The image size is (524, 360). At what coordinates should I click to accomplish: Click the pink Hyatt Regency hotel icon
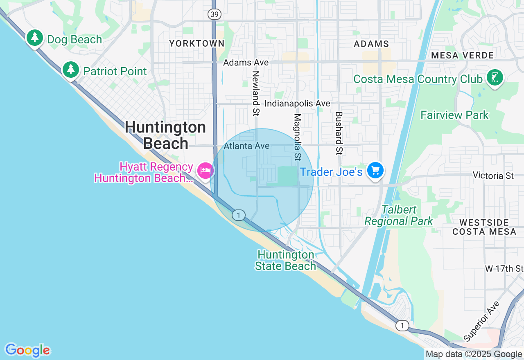(205, 170)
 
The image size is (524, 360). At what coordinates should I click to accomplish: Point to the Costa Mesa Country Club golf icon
(495, 77)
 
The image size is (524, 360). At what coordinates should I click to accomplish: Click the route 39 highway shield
(214, 14)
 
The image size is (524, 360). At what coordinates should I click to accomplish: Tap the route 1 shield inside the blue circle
(238, 215)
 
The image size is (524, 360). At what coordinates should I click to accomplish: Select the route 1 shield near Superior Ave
(402, 326)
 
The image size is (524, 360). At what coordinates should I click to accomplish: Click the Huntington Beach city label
(165, 135)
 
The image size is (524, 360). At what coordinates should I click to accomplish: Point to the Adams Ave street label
(246, 63)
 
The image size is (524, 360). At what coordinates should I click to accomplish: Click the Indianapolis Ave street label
(297, 103)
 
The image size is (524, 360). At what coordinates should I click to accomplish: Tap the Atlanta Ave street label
(246, 146)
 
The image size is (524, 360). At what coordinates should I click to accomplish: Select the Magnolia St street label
(298, 137)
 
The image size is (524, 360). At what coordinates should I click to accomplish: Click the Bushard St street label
(339, 133)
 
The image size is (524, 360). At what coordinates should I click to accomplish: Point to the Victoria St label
(493, 175)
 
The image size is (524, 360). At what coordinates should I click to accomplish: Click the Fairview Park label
(454, 115)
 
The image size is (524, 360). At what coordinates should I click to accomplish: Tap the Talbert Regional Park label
(398, 216)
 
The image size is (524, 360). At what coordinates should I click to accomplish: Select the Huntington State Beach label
(286, 261)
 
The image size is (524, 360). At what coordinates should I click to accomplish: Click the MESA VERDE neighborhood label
(462, 55)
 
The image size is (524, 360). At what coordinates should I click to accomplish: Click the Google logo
(27, 350)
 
